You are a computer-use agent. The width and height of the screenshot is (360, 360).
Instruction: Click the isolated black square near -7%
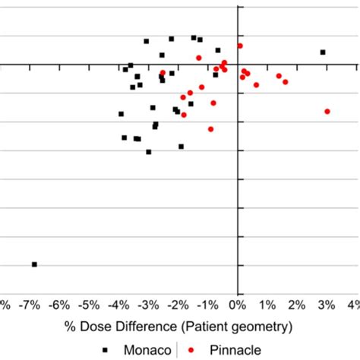(x=34, y=264)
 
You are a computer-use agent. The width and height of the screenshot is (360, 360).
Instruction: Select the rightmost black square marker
(x=323, y=52)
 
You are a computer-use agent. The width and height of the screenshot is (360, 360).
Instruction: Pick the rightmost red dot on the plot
(x=327, y=111)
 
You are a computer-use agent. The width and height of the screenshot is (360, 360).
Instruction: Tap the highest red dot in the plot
(x=240, y=46)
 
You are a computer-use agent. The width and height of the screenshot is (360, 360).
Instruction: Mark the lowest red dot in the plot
(x=210, y=129)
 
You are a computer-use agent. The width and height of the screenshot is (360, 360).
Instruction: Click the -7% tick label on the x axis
(x=28, y=305)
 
